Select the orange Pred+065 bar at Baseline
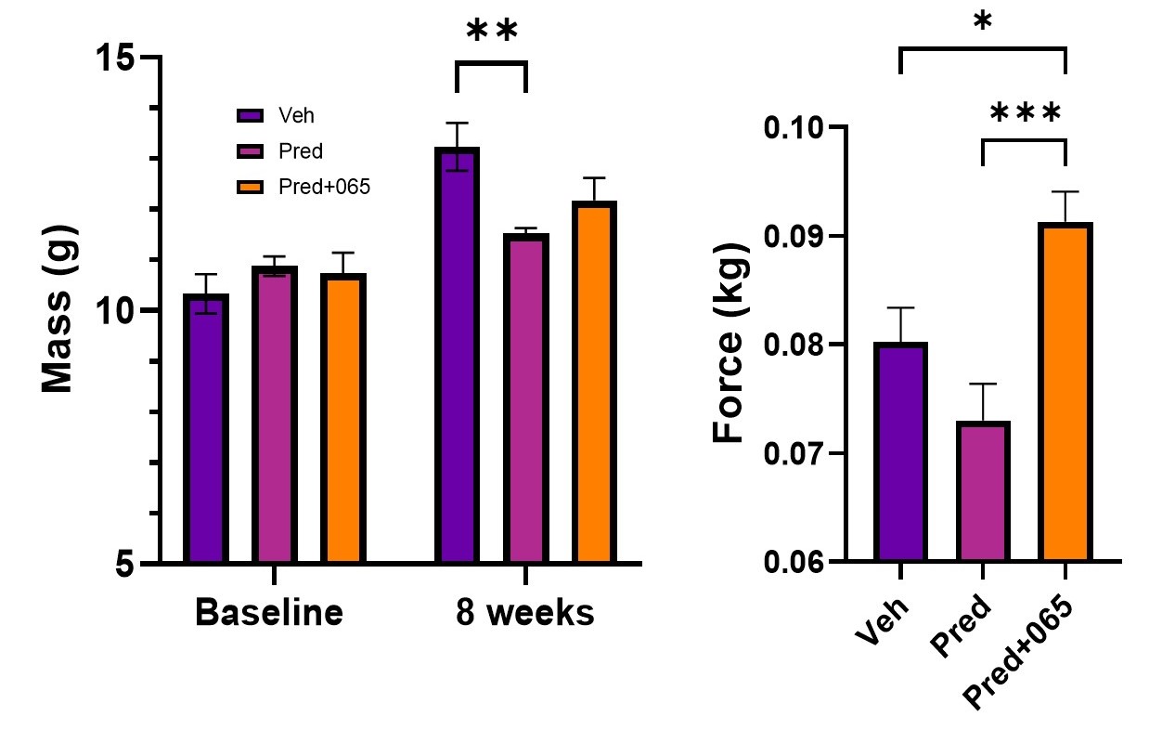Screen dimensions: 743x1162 click(343, 419)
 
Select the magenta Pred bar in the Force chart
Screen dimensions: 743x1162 click(983, 491)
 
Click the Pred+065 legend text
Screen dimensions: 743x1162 click(324, 187)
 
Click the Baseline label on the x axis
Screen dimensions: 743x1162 click(268, 613)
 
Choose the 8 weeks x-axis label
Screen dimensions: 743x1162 click(524, 613)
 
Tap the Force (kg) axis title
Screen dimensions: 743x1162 click(730, 344)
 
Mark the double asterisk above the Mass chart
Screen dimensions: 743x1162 click(491, 32)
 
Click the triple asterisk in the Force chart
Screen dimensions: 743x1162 click(1025, 115)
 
